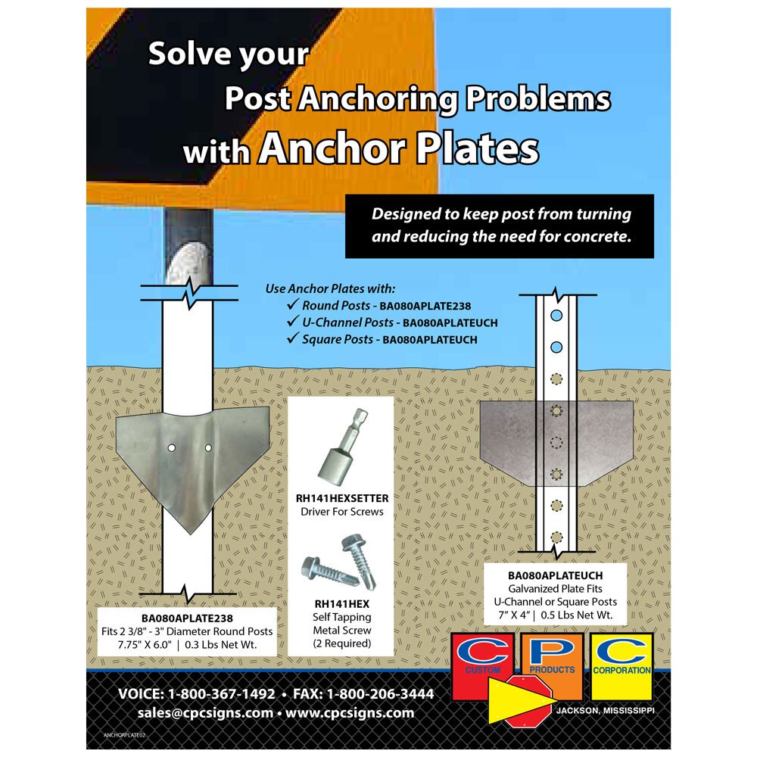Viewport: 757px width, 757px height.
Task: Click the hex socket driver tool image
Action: coord(343,448)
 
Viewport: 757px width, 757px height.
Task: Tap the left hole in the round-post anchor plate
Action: coord(171,448)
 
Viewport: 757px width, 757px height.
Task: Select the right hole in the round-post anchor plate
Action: coord(209,448)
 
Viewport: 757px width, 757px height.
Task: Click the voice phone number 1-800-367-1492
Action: coord(221,694)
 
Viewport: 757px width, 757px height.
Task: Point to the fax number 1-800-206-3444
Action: coord(381,694)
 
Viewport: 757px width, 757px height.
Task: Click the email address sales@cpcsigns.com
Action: coord(206,713)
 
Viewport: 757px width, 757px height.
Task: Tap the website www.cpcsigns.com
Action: coord(350,713)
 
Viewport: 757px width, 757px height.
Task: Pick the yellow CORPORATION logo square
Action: coord(621,666)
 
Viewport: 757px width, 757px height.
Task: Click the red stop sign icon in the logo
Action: coord(528,701)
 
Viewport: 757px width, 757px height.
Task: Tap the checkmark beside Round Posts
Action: coord(292,304)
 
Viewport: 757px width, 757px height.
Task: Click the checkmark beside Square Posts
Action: coord(292,338)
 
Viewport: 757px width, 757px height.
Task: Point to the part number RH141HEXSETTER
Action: coord(342,498)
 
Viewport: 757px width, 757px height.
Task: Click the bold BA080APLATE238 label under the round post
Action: coord(187,618)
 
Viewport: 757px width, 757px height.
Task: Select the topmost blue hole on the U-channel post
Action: coord(556,316)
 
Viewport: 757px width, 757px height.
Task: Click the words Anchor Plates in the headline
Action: coord(399,148)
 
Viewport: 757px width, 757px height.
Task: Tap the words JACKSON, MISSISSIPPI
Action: coord(606,711)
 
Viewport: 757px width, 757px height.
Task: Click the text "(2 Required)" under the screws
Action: coord(342,643)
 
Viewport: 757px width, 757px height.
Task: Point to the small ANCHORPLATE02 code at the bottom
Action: coord(124,735)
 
